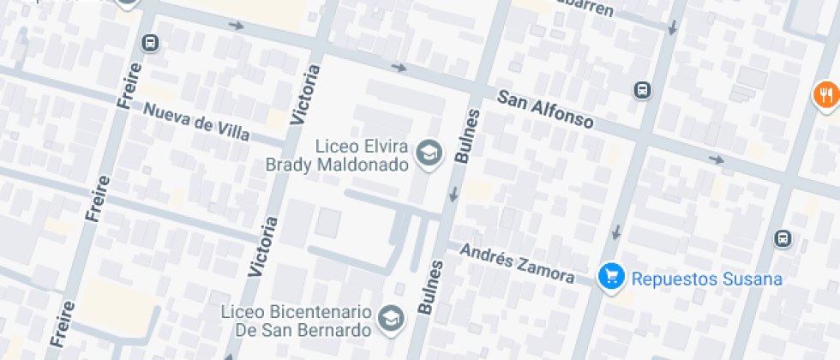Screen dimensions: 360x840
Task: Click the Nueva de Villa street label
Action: (x=196, y=123)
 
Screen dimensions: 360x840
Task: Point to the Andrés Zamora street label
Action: (x=516, y=263)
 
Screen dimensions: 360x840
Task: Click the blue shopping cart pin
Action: (x=610, y=277)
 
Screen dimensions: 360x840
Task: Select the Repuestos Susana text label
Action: (x=706, y=279)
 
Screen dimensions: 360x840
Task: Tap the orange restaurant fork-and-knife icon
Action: (x=825, y=93)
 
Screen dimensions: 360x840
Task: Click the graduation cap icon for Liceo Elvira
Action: (x=427, y=153)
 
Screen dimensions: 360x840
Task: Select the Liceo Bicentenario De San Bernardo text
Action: (x=295, y=321)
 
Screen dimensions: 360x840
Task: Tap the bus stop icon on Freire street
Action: (x=151, y=42)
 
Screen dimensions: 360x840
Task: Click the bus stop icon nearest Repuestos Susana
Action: (x=782, y=238)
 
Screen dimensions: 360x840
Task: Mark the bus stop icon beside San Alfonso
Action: (x=641, y=89)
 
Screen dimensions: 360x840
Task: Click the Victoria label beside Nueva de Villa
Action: (x=307, y=94)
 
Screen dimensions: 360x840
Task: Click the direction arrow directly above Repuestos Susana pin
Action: (x=617, y=231)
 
